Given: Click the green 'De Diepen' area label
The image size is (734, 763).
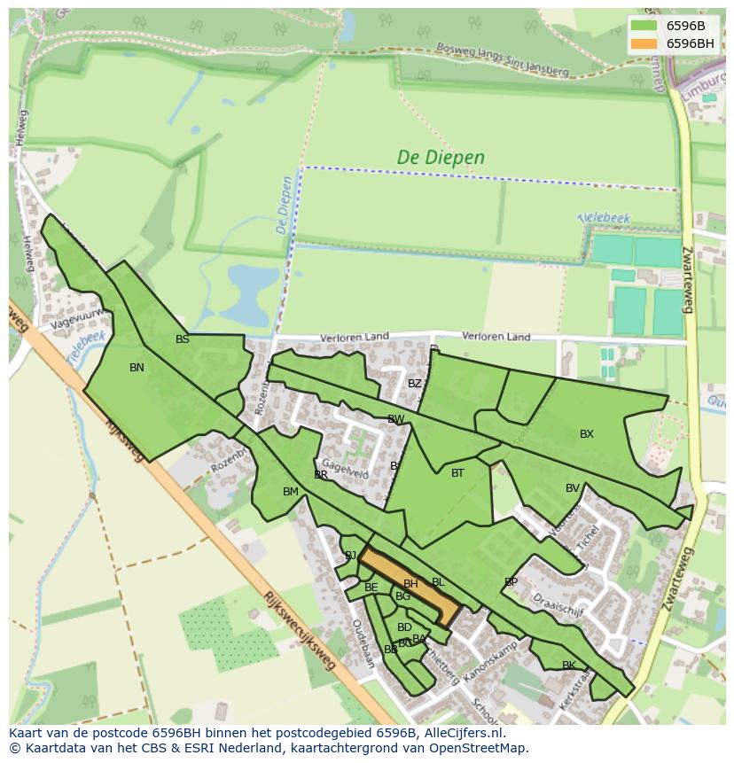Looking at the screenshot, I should click(x=441, y=158).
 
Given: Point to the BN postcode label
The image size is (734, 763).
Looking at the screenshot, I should click(x=137, y=368).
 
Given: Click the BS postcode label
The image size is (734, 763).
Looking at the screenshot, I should click(x=182, y=339).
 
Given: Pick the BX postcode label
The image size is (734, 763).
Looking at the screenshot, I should click(x=586, y=434).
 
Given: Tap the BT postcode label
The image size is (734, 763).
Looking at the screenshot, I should click(x=457, y=473).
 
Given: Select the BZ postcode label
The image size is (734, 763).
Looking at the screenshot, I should click(x=414, y=384).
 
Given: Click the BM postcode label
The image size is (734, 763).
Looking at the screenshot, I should click(x=290, y=492).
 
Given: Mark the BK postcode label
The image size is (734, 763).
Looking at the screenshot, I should click(x=568, y=666).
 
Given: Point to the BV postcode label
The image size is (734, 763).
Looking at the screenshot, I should click(x=572, y=488).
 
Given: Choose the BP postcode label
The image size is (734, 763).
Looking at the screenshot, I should click(x=511, y=582).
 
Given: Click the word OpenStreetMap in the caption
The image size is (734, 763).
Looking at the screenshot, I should click(x=479, y=748).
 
